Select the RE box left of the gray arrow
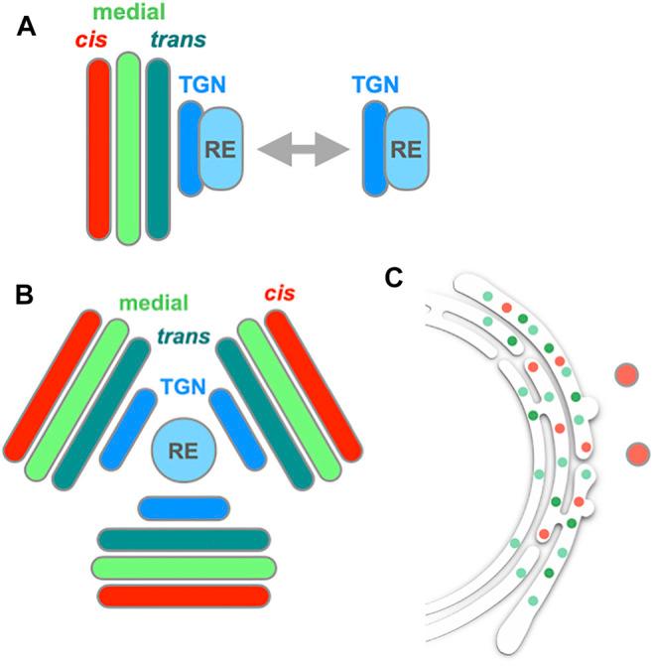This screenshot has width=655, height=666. tap(226, 149)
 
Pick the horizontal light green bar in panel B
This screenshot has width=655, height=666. tap(184, 567)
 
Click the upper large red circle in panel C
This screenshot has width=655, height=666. tap(626, 376)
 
